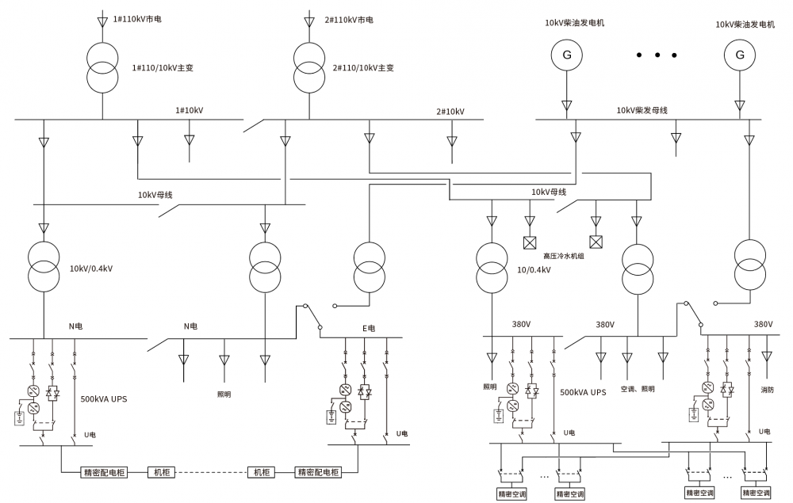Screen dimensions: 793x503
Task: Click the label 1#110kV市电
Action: click(x=137, y=19)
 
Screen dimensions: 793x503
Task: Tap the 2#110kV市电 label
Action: click(x=349, y=21)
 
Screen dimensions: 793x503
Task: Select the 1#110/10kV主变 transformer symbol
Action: click(x=102, y=68)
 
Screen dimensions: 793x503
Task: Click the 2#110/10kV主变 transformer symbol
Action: click(x=309, y=68)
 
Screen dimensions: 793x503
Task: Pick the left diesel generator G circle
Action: click(x=567, y=55)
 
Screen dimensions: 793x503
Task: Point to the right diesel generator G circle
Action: click(x=740, y=55)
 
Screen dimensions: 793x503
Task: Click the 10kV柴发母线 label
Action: click(x=642, y=110)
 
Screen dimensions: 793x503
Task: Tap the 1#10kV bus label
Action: click(x=190, y=111)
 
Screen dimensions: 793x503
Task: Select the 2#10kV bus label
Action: click(x=450, y=112)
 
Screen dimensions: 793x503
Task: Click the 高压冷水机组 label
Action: click(x=563, y=256)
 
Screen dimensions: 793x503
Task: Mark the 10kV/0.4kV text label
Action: click(x=91, y=269)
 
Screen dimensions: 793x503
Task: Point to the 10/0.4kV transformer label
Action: click(x=534, y=269)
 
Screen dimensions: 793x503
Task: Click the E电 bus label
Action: click(x=369, y=328)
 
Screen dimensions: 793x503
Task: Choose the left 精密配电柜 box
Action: click(x=104, y=472)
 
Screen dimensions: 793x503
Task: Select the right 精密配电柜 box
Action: click(x=319, y=472)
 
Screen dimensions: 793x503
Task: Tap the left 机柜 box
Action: click(x=161, y=472)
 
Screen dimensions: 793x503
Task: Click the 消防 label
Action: click(x=767, y=390)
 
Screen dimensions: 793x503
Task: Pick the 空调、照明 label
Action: click(x=638, y=389)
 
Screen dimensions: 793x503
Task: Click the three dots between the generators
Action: click(x=657, y=55)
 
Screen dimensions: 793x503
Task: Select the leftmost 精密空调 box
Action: click(x=512, y=494)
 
